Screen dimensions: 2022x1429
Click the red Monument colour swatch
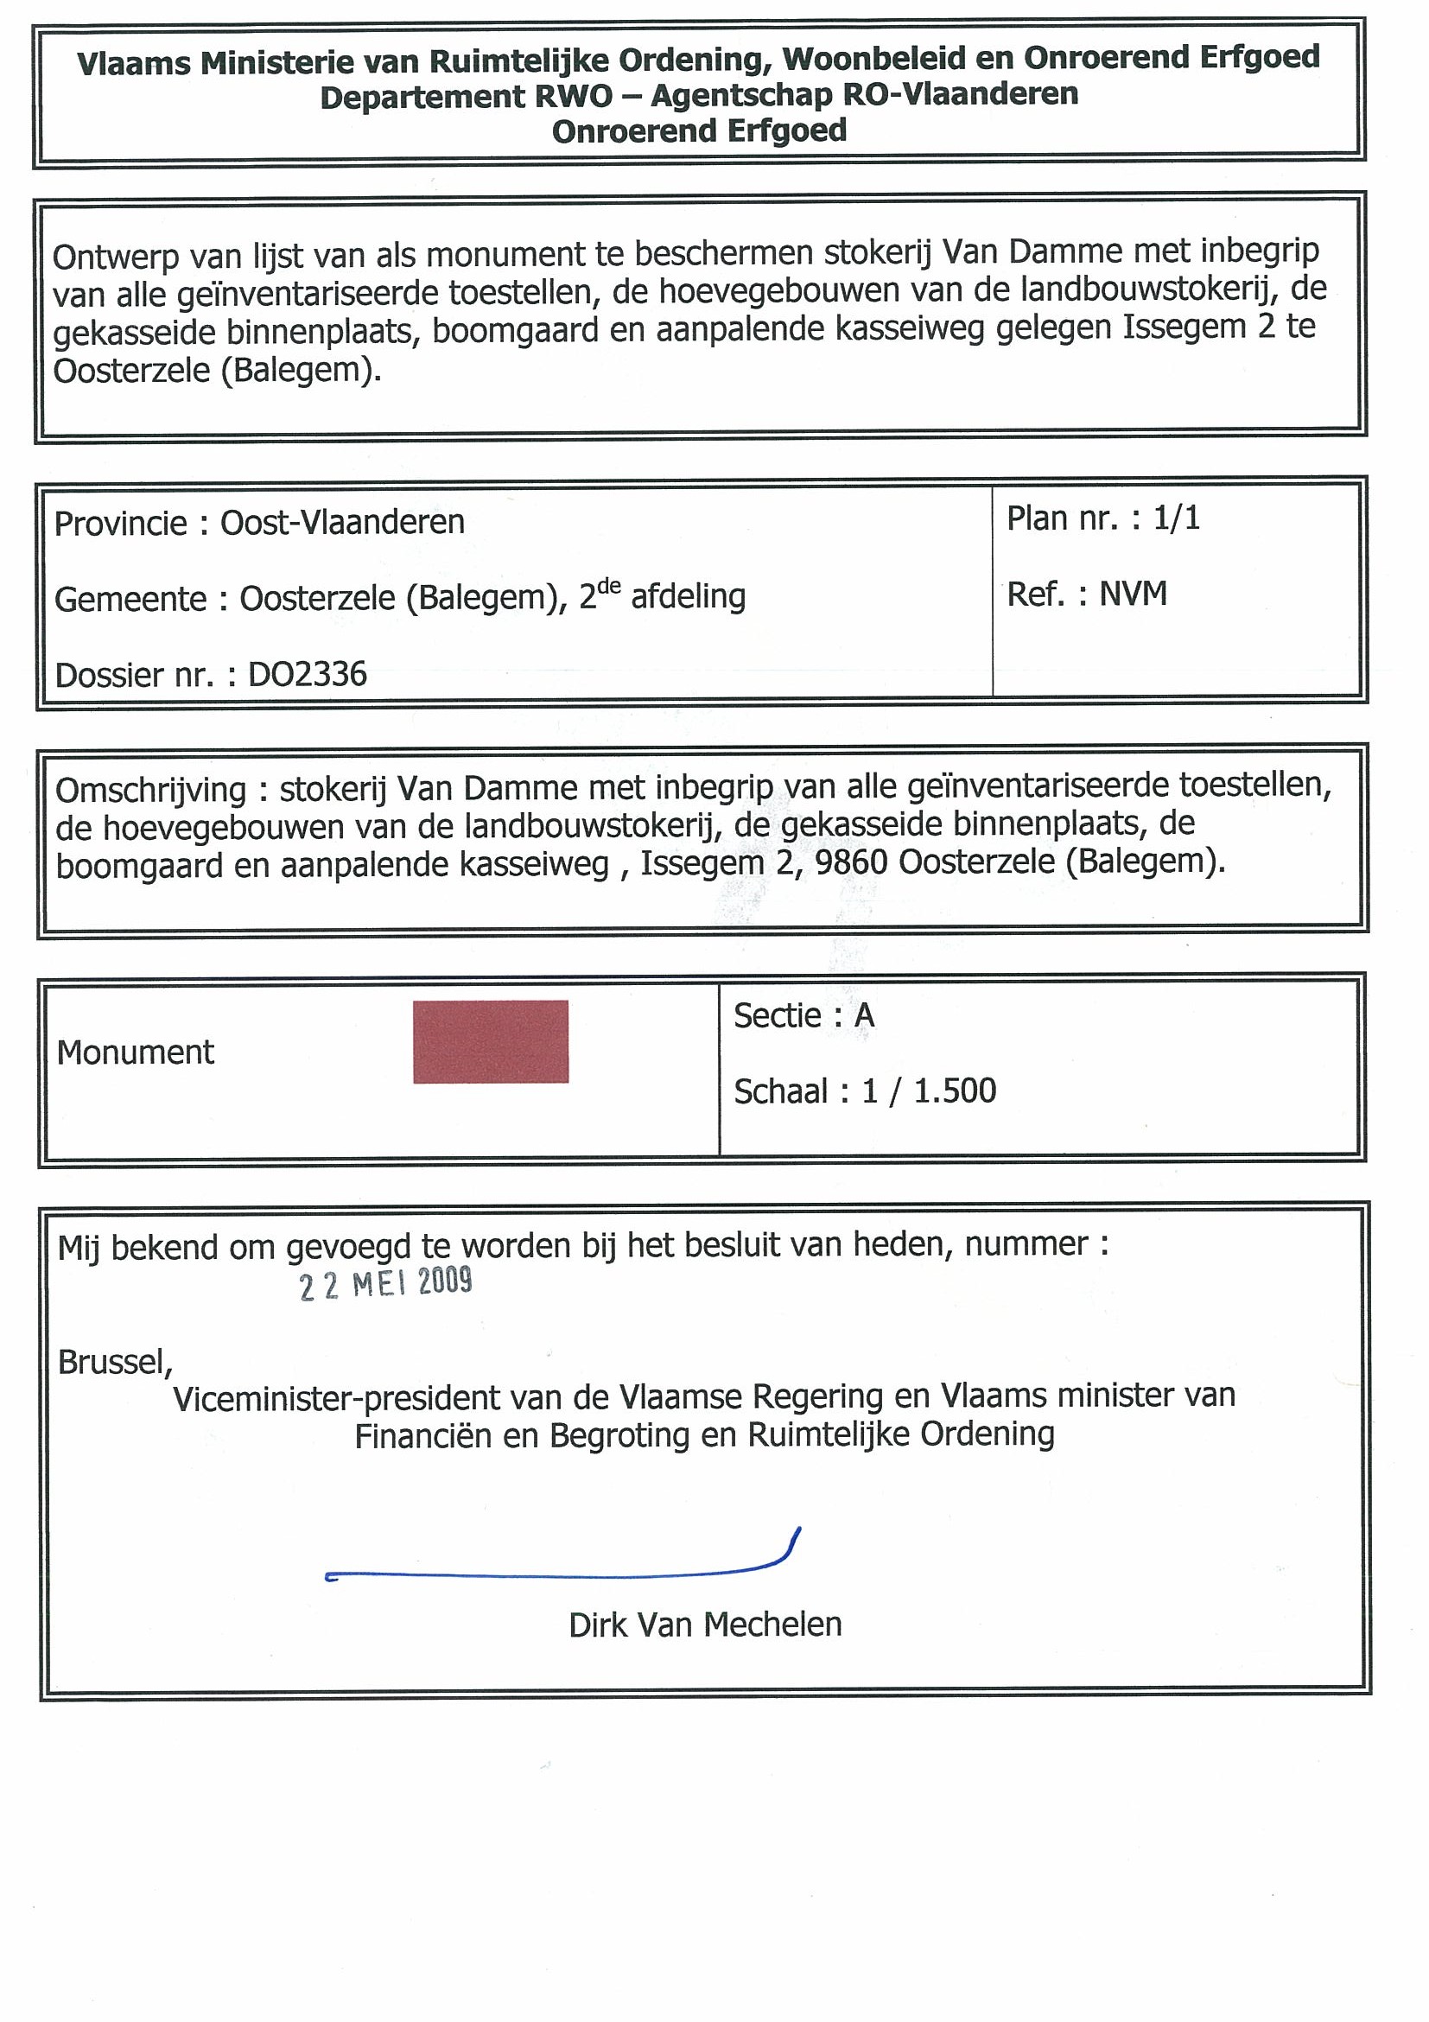(491, 1041)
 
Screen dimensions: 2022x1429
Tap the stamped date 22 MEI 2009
(385, 1283)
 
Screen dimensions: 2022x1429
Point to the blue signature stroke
(563, 1574)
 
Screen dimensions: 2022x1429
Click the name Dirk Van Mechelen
(705, 1625)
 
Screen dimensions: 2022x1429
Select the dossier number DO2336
(308, 675)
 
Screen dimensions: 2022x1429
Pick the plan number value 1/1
(1177, 518)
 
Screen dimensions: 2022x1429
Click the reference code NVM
(1134, 595)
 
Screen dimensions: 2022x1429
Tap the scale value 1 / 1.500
(929, 1091)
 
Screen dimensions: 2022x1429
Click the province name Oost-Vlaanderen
(341, 522)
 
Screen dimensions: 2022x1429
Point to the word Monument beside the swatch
(136, 1052)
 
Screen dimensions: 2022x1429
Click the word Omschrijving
(150, 790)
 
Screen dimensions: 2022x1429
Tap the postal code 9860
(851, 862)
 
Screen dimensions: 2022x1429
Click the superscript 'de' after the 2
(609, 587)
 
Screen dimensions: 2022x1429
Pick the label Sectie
(778, 1016)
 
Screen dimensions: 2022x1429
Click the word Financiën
(422, 1436)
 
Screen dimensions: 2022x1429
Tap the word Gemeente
(130, 600)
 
